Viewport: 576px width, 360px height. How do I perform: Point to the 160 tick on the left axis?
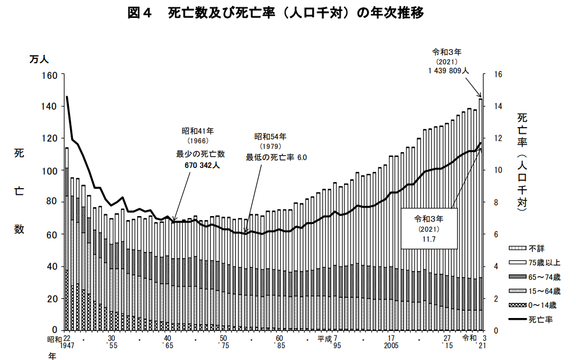click(x=50, y=75)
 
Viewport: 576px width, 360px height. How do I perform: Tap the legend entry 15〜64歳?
click(x=543, y=291)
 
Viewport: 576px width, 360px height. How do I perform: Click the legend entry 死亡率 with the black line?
click(x=540, y=320)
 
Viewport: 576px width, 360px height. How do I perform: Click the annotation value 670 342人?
click(x=202, y=166)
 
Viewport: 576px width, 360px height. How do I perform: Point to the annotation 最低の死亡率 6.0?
click(x=276, y=158)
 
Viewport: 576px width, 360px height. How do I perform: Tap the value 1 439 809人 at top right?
click(x=448, y=71)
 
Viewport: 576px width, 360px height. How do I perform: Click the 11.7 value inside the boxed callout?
click(x=429, y=239)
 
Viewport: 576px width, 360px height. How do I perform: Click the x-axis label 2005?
click(x=392, y=347)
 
